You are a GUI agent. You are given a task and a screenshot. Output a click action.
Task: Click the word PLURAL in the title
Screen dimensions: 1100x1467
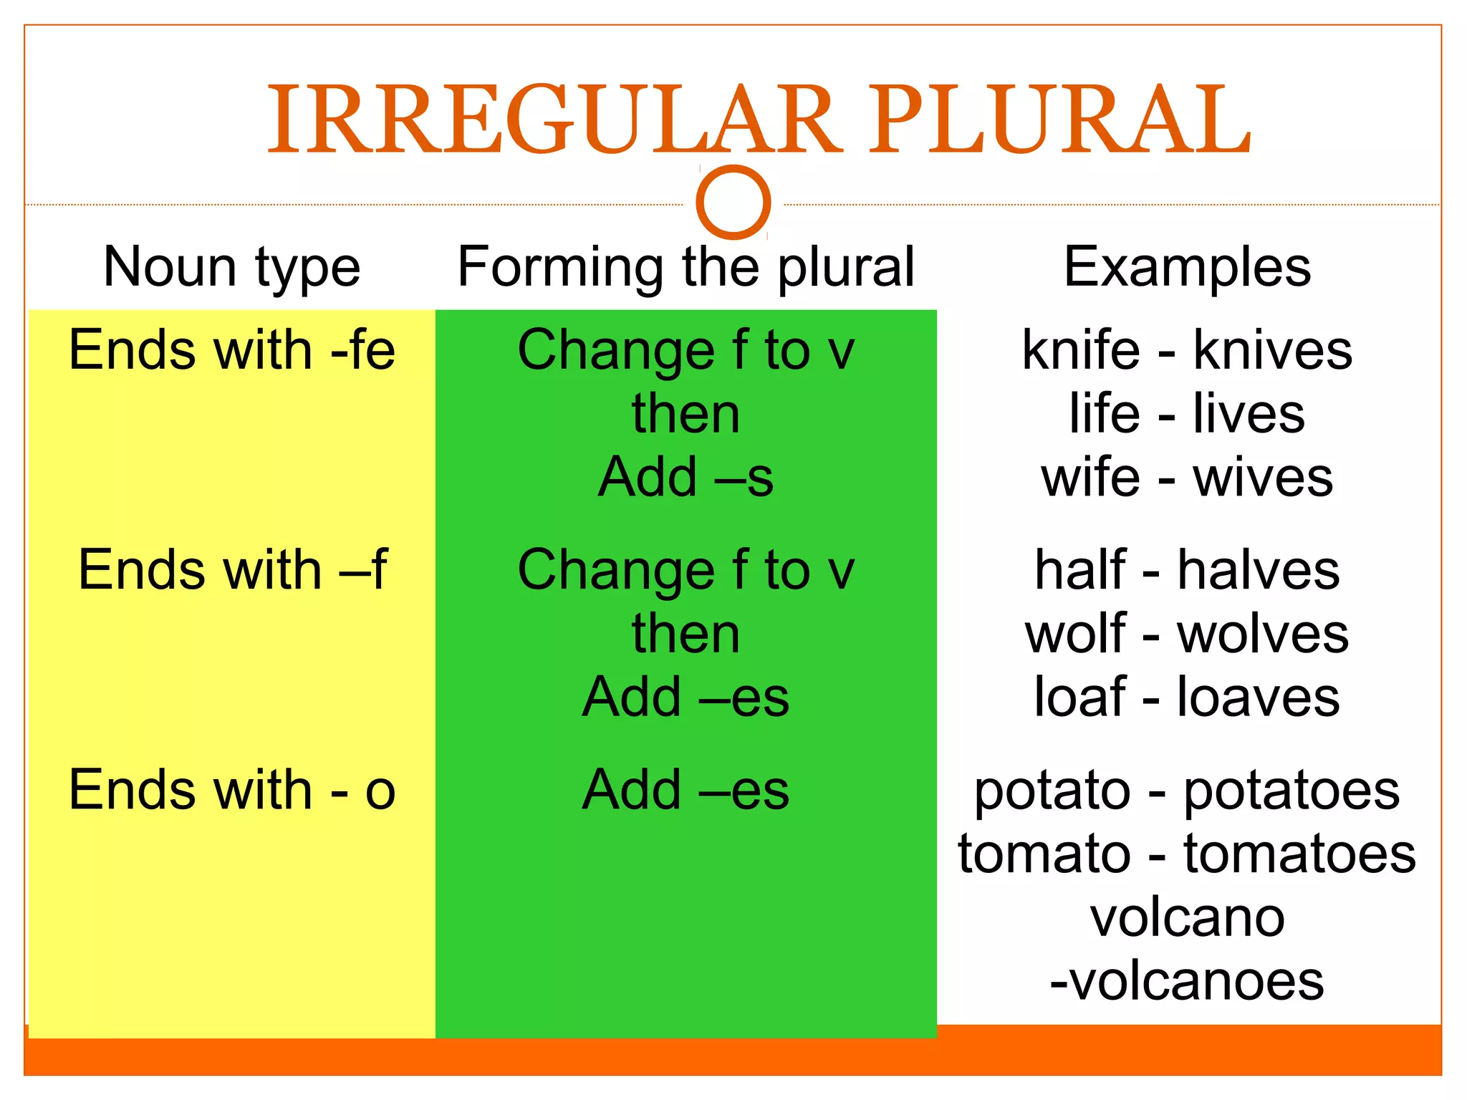(1059, 120)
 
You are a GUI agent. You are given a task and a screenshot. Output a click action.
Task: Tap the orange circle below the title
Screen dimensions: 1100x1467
(733, 202)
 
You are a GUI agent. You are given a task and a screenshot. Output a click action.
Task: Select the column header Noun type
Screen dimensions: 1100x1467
(231, 267)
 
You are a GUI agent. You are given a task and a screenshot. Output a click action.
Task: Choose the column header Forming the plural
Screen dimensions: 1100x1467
(686, 267)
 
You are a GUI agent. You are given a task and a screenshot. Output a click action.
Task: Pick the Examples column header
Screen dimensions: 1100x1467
(1187, 267)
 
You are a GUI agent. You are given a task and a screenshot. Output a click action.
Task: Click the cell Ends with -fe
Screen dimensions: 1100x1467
(231, 350)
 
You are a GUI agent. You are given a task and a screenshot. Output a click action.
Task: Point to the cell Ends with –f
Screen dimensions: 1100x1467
(231, 570)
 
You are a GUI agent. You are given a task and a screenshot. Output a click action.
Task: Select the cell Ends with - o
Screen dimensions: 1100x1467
(231, 790)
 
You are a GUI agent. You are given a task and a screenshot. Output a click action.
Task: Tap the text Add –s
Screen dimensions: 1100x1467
(686, 477)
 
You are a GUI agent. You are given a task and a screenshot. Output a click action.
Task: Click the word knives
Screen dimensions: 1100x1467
(1272, 350)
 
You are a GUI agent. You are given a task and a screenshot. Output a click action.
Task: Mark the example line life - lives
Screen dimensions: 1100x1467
(1187, 414)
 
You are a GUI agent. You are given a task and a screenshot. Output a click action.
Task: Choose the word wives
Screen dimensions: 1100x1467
(1262, 478)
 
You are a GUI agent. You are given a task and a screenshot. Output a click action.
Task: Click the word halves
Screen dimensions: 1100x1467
(1258, 570)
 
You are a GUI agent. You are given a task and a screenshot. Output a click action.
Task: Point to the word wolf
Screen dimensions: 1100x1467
(1075, 634)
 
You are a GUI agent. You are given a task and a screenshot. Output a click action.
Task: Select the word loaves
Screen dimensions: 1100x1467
(1258, 697)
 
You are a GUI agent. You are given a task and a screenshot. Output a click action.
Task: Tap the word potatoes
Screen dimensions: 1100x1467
(1291, 791)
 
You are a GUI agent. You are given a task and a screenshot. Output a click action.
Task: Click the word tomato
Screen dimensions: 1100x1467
(1044, 854)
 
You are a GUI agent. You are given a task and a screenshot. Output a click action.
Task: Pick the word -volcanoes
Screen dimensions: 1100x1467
(1187, 980)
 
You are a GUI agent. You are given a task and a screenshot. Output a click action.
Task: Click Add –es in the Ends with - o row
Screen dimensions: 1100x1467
(686, 790)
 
